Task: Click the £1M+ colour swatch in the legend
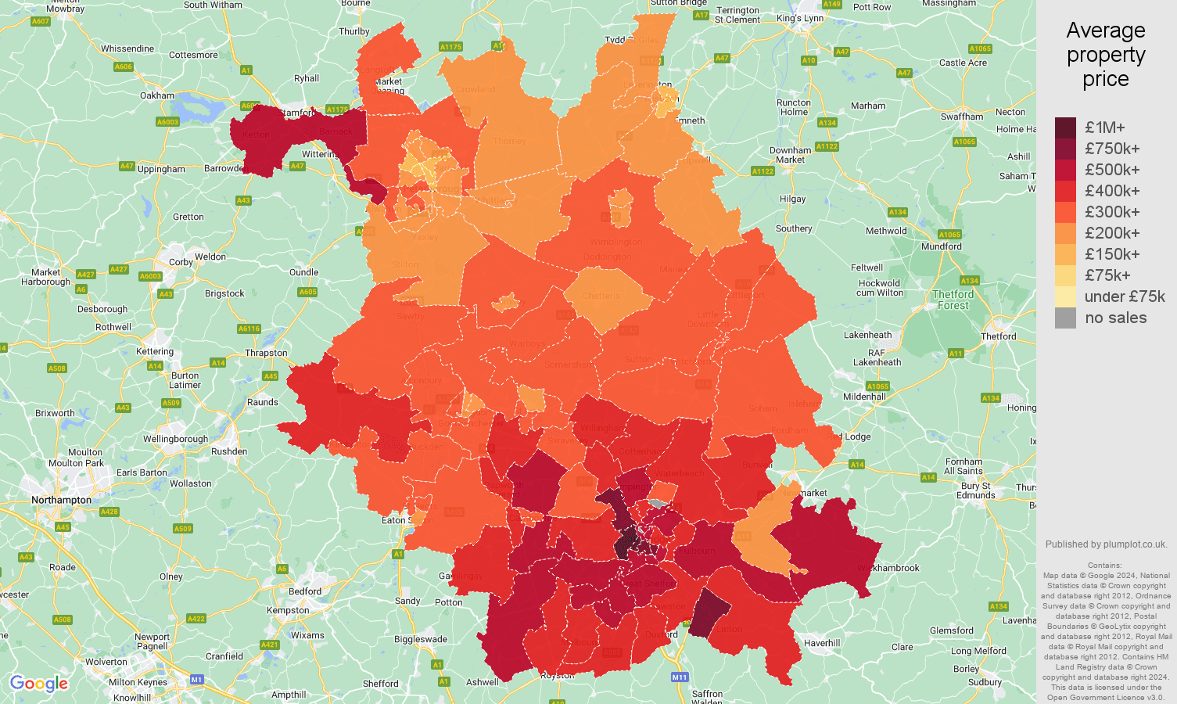click(1065, 128)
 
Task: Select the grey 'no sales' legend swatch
click(1065, 318)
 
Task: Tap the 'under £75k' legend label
click(1125, 296)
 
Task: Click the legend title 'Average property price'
click(1105, 55)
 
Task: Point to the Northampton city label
click(61, 500)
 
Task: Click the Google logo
click(39, 684)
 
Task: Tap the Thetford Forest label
click(953, 300)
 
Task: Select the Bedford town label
click(305, 591)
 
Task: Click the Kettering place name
click(155, 351)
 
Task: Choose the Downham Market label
click(790, 155)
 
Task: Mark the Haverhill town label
click(822, 643)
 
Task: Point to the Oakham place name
click(157, 95)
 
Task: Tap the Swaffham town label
click(962, 117)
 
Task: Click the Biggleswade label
click(421, 639)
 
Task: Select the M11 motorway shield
click(679, 677)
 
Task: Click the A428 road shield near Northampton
click(109, 512)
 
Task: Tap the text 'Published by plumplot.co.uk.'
click(1106, 544)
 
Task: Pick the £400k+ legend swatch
click(1065, 191)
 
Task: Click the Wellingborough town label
click(176, 439)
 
